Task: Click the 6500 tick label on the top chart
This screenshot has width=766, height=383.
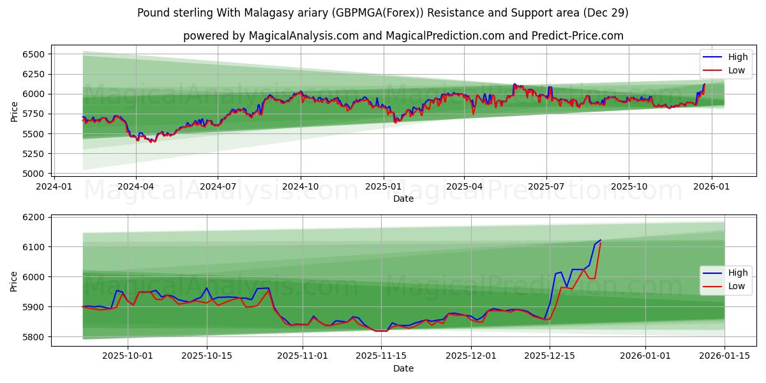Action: point(34,54)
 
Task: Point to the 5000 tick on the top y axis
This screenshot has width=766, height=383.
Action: point(34,174)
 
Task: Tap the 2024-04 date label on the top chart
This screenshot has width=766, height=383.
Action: point(135,186)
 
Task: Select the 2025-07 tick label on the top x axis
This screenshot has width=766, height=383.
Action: point(546,186)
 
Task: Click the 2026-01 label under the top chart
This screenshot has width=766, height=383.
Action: point(711,186)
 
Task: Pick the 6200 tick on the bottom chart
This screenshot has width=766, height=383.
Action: point(34,217)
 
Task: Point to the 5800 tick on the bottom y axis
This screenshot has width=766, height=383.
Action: point(34,336)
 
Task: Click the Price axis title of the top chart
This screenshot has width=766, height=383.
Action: point(15,112)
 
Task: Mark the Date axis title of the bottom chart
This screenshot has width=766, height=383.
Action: point(403,368)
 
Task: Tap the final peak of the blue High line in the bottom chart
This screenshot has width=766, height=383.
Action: point(600,240)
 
